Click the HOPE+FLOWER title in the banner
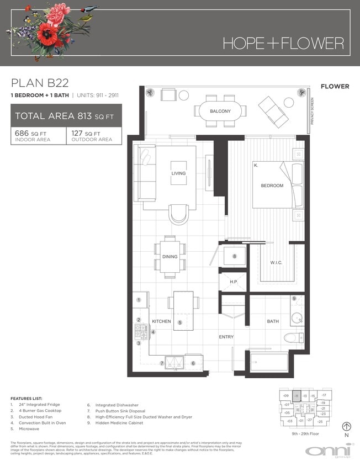pyautogui.click(x=283, y=43)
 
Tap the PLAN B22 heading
pyautogui.click(x=40, y=83)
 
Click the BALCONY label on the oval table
pyautogui.click(x=220, y=111)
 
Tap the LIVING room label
pyautogui.click(x=179, y=173)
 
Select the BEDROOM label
pyautogui.click(x=272, y=186)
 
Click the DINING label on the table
pyautogui.click(x=170, y=257)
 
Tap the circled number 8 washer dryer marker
pyautogui.click(x=234, y=256)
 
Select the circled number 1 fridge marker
pyautogui.click(x=139, y=300)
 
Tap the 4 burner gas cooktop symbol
pyautogui.click(x=142, y=331)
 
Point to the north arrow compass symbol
pyautogui.click(x=347, y=426)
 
